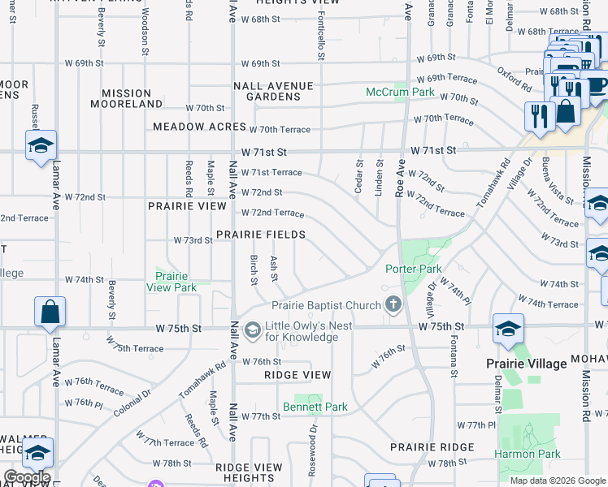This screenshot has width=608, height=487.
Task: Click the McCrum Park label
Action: click(x=400, y=92)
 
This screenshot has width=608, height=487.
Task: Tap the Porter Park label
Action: click(x=414, y=269)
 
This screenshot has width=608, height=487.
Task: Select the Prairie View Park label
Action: click(x=172, y=282)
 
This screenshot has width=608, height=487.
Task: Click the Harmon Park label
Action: click(x=527, y=455)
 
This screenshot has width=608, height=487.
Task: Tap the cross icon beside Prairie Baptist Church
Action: click(x=393, y=305)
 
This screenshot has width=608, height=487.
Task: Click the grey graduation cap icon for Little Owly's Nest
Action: click(x=252, y=328)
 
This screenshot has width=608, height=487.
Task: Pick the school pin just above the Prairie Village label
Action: click(x=508, y=329)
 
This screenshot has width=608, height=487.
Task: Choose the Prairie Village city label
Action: click(x=526, y=364)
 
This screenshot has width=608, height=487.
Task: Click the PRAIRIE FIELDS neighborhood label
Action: click(x=260, y=235)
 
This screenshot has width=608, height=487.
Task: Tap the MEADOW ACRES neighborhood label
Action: click(x=199, y=127)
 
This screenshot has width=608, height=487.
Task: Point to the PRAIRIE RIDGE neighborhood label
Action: click(x=432, y=447)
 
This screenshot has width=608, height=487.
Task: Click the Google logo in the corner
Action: click(x=27, y=477)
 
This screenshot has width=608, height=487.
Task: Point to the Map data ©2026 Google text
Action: click(x=558, y=481)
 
